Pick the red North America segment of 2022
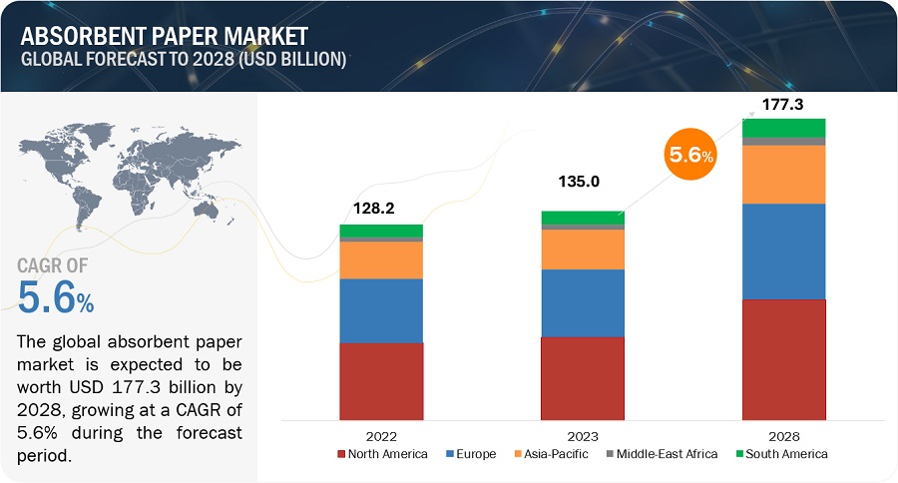[x=381, y=380]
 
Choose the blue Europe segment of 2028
[x=783, y=250]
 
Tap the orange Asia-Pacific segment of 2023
[x=582, y=249]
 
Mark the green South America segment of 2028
[x=783, y=127]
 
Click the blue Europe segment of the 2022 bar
[x=381, y=310]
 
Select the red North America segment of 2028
[x=783, y=358]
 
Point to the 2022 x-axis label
[x=380, y=435]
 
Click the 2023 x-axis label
[x=582, y=435]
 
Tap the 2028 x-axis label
[x=783, y=435]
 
